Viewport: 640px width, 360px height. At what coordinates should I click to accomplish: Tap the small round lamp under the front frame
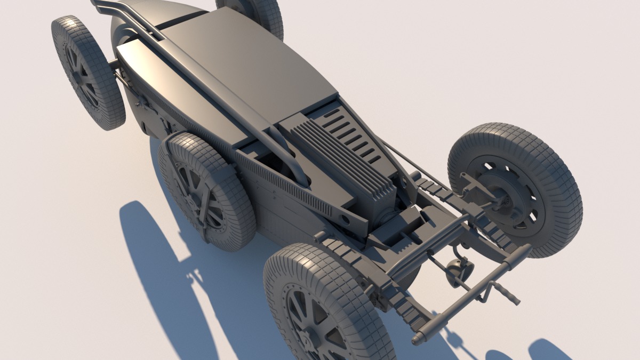[x=460, y=268]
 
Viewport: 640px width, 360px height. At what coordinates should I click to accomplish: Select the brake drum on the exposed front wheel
[x=504, y=195]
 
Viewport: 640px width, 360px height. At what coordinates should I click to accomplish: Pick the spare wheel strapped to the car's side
[x=205, y=192]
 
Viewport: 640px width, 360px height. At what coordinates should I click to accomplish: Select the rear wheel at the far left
[x=88, y=72]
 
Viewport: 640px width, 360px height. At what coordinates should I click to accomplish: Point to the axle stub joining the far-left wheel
[x=114, y=65]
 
